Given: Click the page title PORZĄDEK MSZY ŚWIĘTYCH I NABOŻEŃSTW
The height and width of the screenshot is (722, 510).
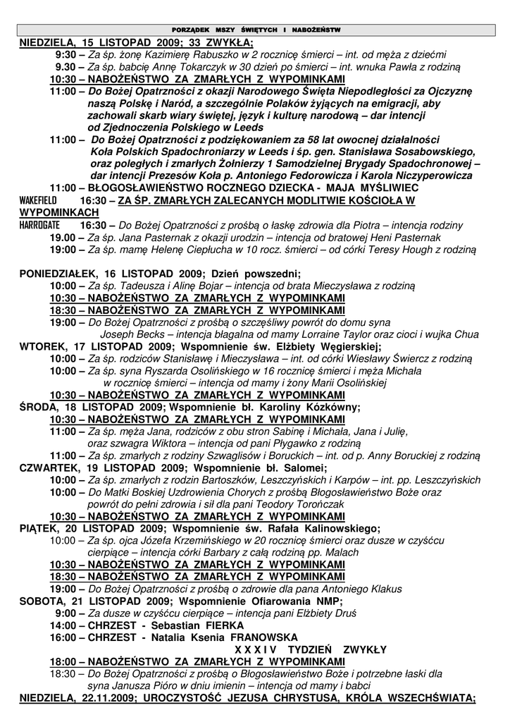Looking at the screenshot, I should coord(256,30).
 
